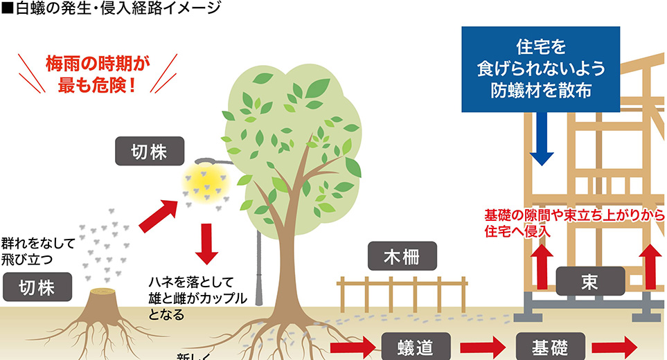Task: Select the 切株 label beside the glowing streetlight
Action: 149,152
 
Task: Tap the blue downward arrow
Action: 541,139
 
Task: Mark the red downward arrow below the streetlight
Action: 206,244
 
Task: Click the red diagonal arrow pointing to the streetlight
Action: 160,216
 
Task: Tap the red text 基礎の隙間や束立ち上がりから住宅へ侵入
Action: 573,224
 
